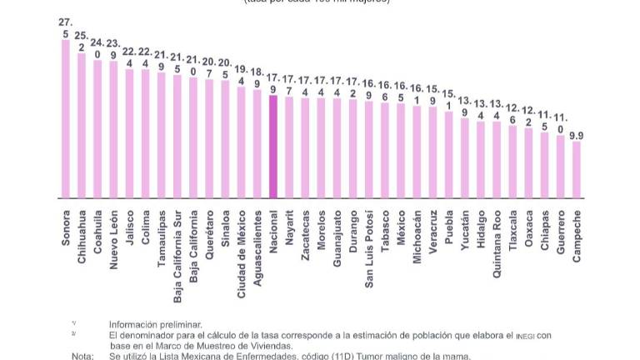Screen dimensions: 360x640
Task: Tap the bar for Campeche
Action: coord(576,170)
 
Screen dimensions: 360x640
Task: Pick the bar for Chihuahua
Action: coord(82,125)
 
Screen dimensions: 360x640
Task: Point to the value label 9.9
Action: coord(576,133)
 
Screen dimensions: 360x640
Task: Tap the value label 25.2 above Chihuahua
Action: coord(82,41)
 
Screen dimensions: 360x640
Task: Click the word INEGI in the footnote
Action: coord(525,335)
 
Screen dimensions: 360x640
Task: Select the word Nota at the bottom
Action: coord(82,356)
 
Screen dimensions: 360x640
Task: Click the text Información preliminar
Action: coord(155,324)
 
